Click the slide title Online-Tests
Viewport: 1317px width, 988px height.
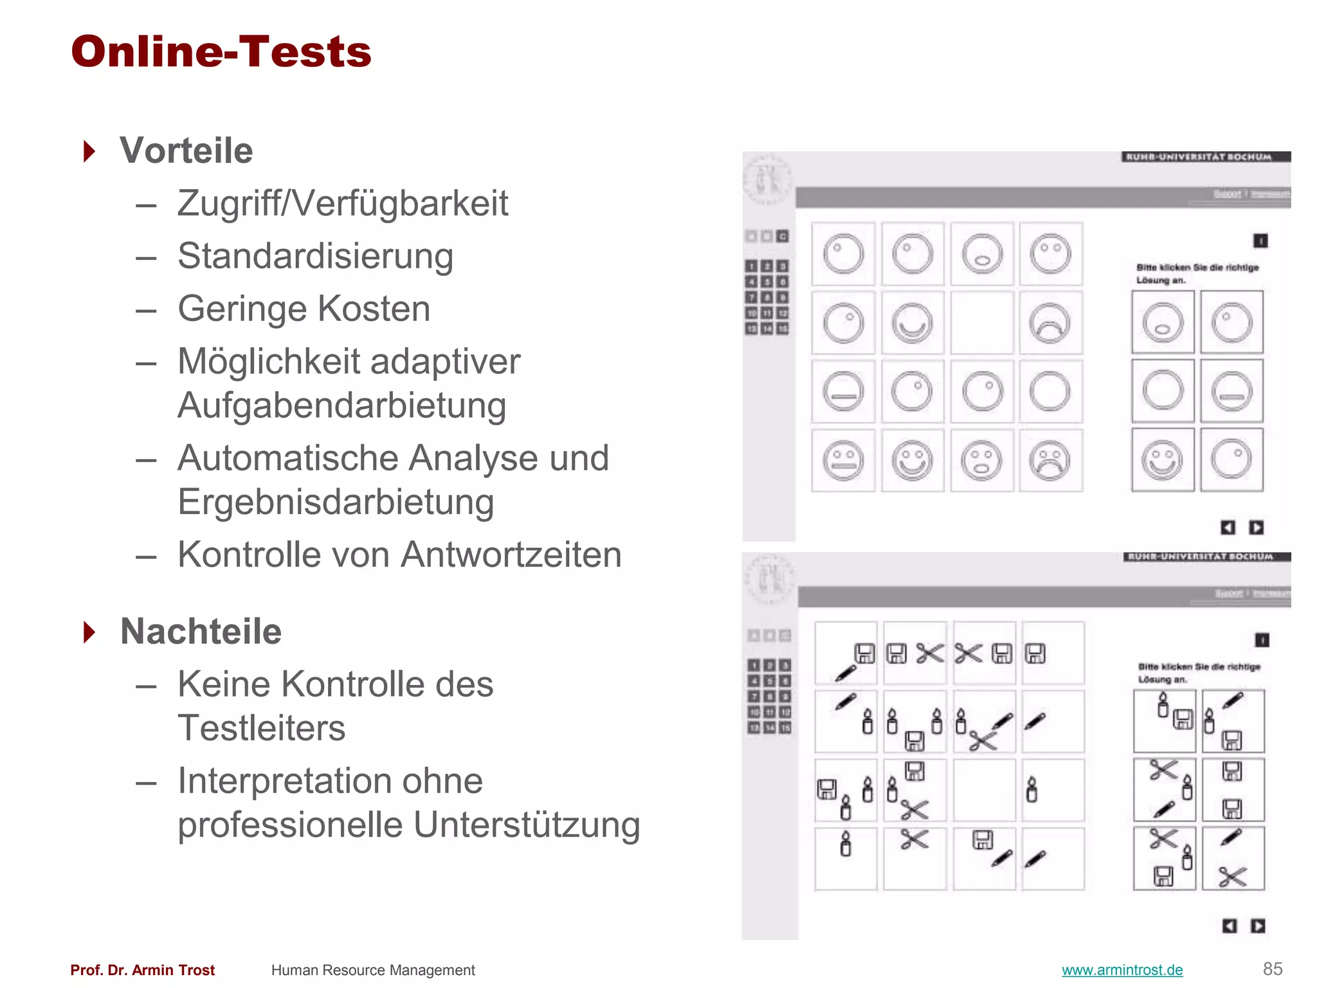pyautogui.click(x=221, y=51)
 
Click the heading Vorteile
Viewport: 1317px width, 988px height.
pyautogui.click(x=186, y=151)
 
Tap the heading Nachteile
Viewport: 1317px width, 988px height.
pyautogui.click(x=201, y=631)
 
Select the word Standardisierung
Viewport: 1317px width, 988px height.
pyautogui.click(x=315, y=256)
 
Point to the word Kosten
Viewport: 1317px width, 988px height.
pyautogui.click(x=374, y=309)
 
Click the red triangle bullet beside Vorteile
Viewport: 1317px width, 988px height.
pyautogui.click(x=90, y=152)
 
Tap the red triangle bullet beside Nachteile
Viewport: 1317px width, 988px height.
pyautogui.click(x=90, y=632)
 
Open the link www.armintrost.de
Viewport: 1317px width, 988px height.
pyautogui.click(x=1122, y=970)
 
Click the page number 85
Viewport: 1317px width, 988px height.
pyautogui.click(x=1272, y=969)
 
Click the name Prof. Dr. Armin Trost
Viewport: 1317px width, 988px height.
pyautogui.click(x=142, y=970)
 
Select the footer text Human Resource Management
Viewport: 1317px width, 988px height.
pyautogui.click(x=372, y=970)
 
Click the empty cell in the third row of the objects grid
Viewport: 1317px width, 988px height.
pyautogui.click(x=984, y=790)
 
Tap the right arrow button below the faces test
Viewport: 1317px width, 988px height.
pyautogui.click(x=1256, y=527)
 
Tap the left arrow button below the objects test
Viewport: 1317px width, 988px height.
pyautogui.click(x=1229, y=926)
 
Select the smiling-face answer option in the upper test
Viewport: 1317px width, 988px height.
pyautogui.click(x=1162, y=460)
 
